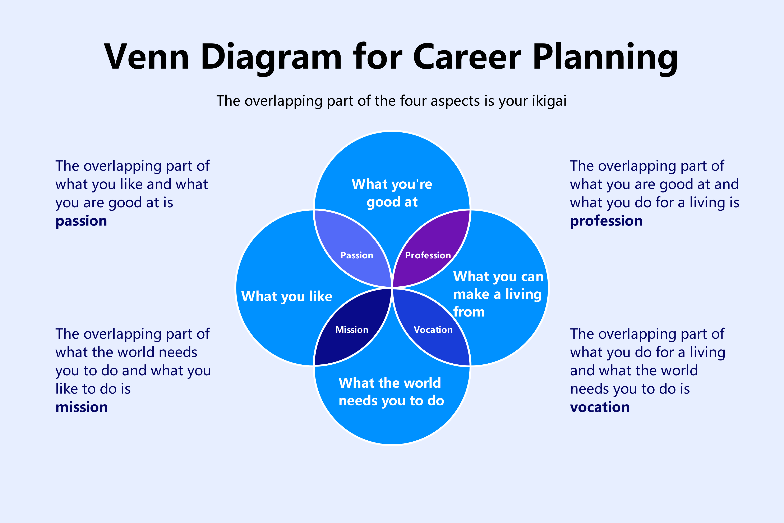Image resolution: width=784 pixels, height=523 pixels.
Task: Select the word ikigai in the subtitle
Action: tap(549, 101)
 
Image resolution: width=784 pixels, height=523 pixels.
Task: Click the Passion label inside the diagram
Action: tap(357, 255)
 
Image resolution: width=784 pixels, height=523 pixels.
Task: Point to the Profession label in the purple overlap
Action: tap(428, 255)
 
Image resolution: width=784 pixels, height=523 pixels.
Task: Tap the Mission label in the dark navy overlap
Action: tap(352, 330)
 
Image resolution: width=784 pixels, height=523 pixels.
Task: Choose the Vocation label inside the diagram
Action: tap(433, 330)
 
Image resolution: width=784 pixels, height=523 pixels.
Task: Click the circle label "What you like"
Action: tap(287, 296)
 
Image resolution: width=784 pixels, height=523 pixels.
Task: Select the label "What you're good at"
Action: tap(392, 193)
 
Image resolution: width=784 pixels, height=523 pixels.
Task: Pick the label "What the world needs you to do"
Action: tap(391, 392)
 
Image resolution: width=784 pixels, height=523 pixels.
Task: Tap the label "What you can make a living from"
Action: tap(498, 294)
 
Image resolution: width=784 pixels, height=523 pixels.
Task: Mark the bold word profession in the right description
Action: tap(606, 221)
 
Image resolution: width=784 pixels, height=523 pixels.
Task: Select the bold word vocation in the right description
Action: tap(600, 407)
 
